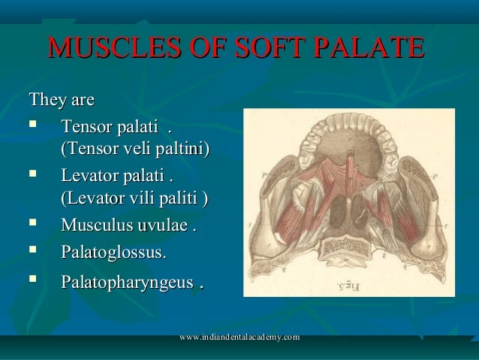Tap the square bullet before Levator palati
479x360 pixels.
(x=32, y=178)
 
